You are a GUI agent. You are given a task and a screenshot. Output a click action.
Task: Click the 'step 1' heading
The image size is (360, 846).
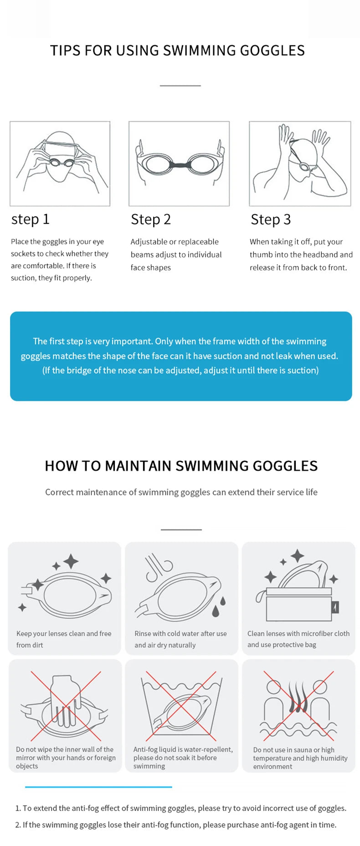[x=30, y=219]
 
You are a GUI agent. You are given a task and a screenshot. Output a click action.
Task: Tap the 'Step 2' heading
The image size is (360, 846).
[x=150, y=219]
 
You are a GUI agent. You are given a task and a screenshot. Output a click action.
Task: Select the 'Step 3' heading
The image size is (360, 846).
[x=270, y=219]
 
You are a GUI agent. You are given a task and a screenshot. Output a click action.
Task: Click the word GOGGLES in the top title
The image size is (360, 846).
[x=272, y=50]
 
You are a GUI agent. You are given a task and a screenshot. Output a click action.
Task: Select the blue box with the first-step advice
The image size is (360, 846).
[x=180, y=356]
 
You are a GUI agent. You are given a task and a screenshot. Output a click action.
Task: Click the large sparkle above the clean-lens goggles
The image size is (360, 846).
[x=71, y=561]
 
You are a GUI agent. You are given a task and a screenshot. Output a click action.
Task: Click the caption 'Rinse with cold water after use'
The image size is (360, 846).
[x=180, y=633]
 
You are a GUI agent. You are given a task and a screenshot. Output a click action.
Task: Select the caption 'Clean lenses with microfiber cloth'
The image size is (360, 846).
[x=298, y=633]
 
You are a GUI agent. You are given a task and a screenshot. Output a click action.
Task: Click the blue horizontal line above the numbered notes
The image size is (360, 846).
[x=98, y=786]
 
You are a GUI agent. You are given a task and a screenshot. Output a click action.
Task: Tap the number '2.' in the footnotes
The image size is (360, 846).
[x=18, y=825]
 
